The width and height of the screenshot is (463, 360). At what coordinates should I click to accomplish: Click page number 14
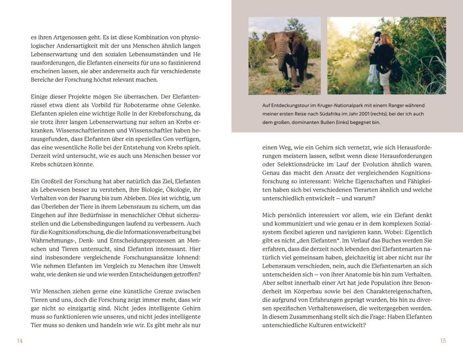pyautogui.click(x=20, y=341)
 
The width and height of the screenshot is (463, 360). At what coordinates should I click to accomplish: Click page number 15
pyautogui.click(x=443, y=341)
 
